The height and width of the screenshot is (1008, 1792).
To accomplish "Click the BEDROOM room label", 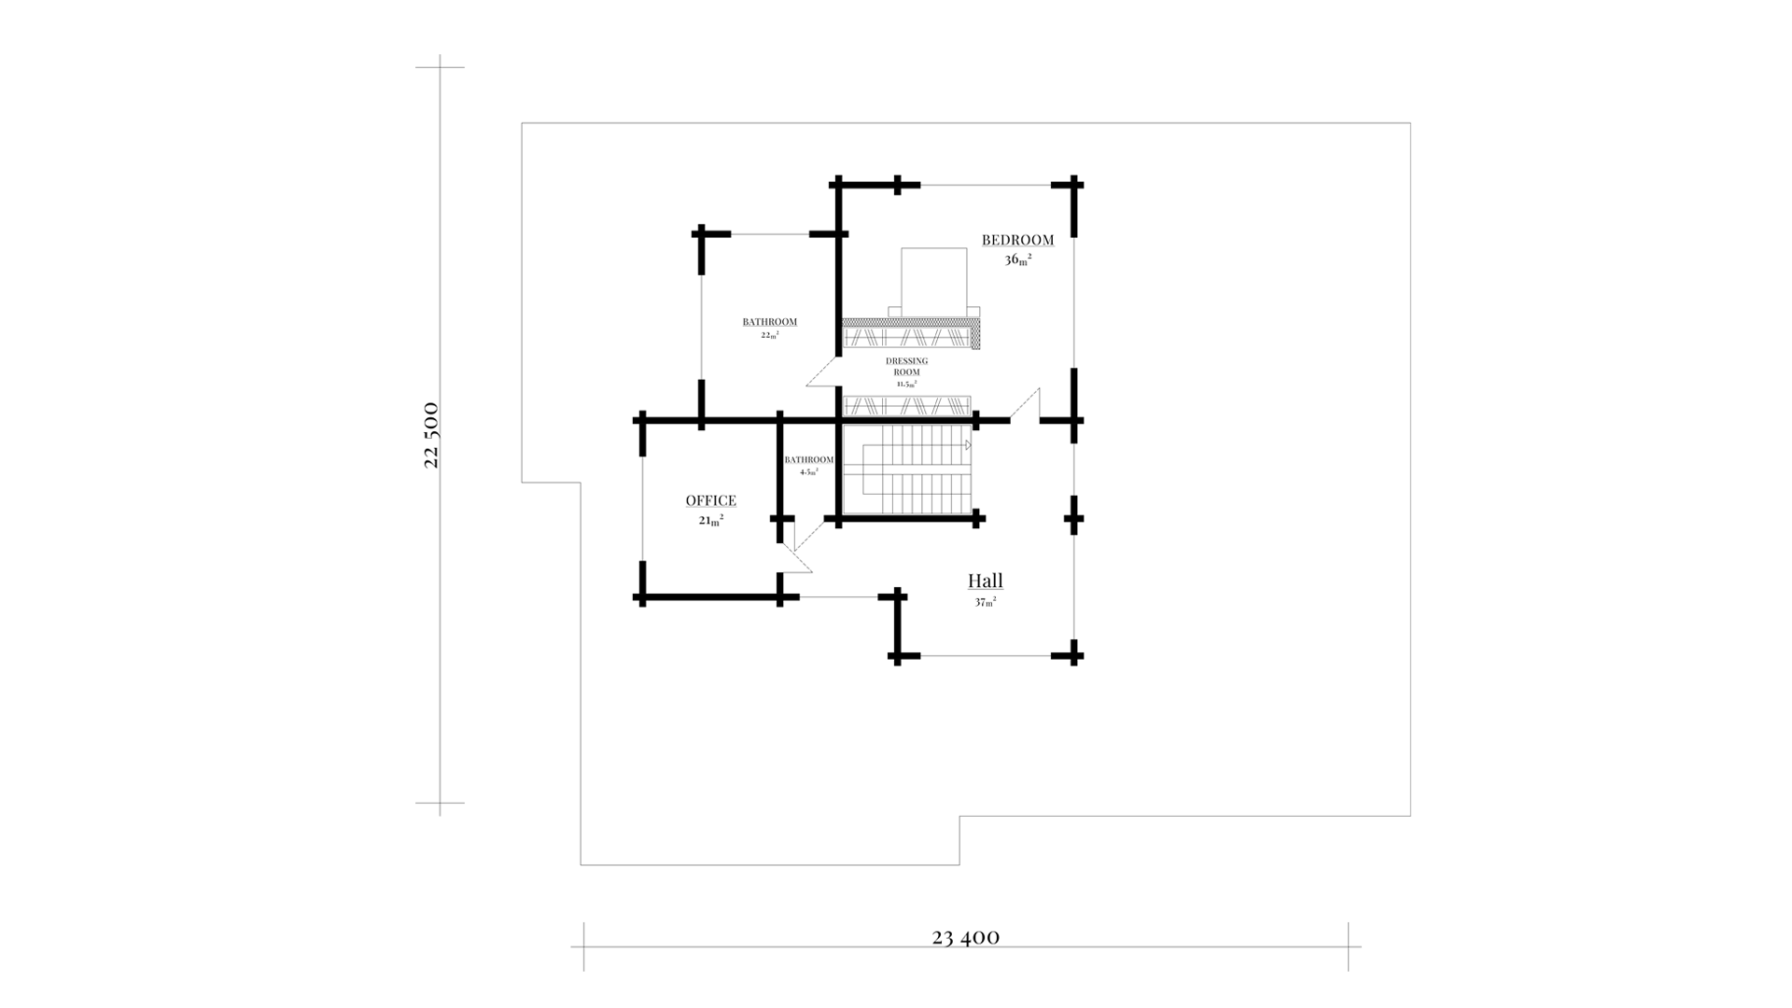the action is point(1017,240).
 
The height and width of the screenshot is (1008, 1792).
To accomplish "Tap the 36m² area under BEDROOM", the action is point(1017,259).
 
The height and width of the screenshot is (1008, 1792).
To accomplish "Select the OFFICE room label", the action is point(711,501).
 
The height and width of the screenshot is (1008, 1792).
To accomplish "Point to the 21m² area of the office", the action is point(711,521).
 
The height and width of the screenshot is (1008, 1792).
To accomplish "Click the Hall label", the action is point(986,581).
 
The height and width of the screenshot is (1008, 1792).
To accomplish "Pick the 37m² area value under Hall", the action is point(986,602).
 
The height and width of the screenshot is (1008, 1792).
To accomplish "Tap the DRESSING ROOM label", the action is point(906,366).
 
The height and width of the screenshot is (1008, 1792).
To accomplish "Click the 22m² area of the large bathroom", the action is point(770,334).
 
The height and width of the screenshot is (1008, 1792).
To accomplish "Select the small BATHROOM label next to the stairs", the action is point(808,460).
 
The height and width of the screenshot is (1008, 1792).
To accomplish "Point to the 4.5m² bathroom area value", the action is point(808,472).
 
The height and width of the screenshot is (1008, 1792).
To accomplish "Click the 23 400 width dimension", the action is point(966,937).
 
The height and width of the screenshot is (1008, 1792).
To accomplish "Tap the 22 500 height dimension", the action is point(431,435).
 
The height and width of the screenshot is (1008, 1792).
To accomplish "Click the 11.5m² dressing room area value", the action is point(906,384).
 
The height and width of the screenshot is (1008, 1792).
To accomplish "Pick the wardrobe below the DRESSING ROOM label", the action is point(907,406).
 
